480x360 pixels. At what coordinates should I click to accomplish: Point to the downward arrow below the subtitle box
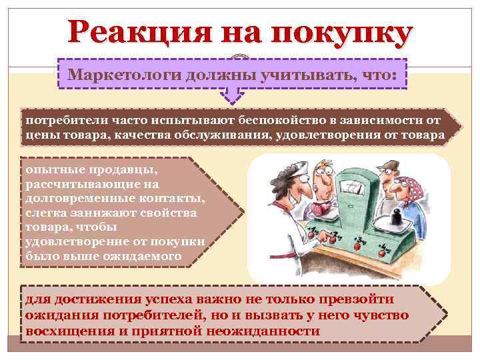pyautogui.click(x=231, y=96)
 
